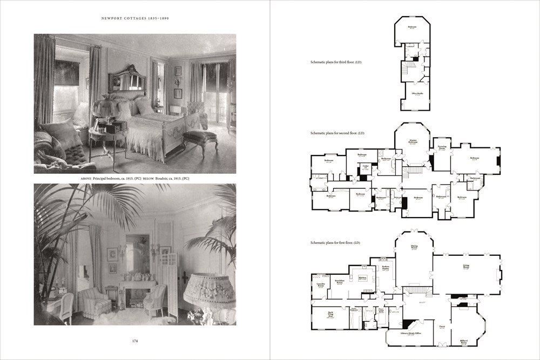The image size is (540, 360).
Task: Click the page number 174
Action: [x=134, y=341]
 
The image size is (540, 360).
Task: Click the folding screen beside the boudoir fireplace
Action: [x=168, y=281]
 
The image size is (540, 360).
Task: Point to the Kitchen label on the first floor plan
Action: [x=362, y=278]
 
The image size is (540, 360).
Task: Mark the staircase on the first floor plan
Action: [x=416, y=290]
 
